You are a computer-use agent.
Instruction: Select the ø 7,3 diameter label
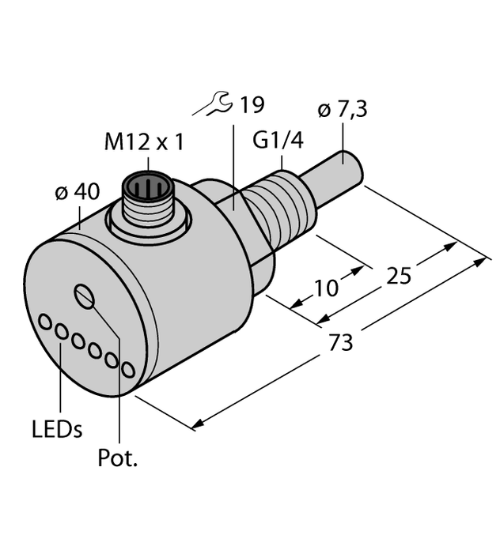coord(342,109)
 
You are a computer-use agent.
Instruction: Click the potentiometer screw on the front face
coord(85,297)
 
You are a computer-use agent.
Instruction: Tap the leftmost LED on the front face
coord(46,322)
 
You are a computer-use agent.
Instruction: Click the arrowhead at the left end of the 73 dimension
coord(193,428)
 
